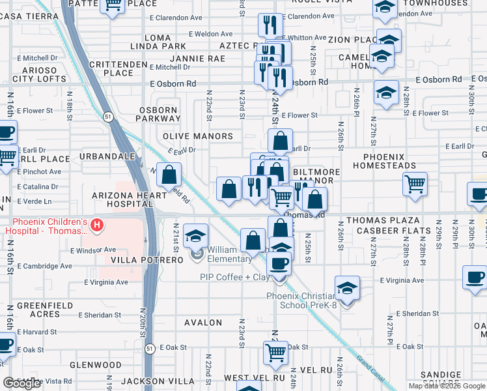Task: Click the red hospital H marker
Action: click(x=97, y=225)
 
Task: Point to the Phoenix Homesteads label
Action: click(x=389, y=161)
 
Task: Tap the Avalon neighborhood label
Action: click(x=204, y=323)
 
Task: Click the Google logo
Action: click(x=22, y=383)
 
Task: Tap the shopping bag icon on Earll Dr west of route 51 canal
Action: click(x=169, y=175)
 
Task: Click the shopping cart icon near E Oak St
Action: click(x=276, y=353)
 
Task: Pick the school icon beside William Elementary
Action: click(x=195, y=236)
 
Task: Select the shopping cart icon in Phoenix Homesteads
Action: click(x=415, y=184)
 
